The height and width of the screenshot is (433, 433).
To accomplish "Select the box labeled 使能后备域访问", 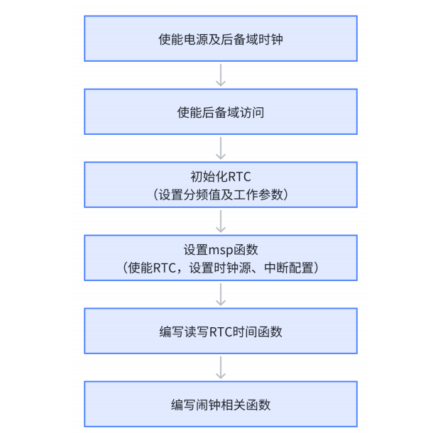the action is (x=221, y=112).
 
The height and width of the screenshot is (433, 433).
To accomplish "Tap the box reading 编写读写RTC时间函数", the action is (x=221, y=331).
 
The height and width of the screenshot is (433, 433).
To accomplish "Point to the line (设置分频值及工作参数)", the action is (x=221, y=194).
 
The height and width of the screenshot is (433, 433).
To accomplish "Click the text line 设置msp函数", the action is (x=221, y=250).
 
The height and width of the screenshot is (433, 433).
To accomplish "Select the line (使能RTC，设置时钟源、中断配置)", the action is (x=221, y=268).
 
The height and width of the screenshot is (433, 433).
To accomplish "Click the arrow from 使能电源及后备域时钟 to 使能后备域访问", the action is (x=221, y=75).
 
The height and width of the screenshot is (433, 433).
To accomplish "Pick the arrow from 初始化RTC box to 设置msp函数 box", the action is (x=221, y=221).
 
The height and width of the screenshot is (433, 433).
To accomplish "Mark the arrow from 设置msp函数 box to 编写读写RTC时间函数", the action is (x=221, y=294).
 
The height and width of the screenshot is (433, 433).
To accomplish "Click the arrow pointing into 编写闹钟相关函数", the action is (x=221, y=367).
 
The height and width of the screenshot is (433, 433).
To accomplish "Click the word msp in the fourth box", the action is (x=220, y=250).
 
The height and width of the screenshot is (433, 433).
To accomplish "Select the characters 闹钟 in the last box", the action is (x=207, y=405).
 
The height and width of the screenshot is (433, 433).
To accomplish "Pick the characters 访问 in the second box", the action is (x=251, y=112).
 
